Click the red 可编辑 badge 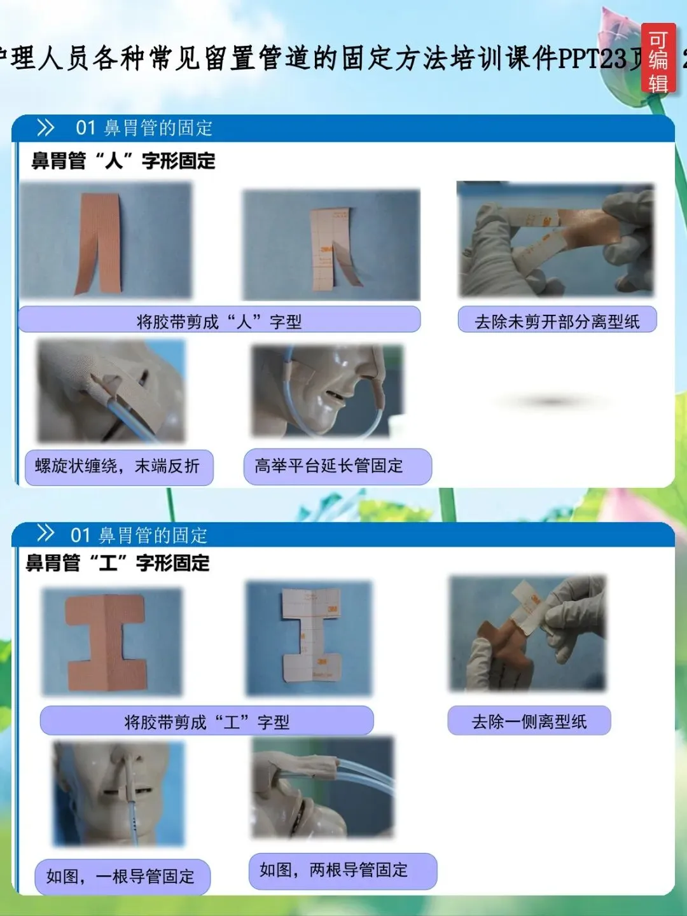pyautogui.click(x=658, y=59)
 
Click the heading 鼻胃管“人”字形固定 pyautogui.click(x=123, y=161)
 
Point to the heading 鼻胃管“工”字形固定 pyautogui.click(x=118, y=563)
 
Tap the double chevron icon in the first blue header pyautogui.click(x=45, y=128)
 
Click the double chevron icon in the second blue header pyautogui.click(x=45, y=533)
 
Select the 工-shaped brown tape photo pyautogui.click(x=112, y=642)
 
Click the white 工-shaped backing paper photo pyautogui.click(x=309, y=639)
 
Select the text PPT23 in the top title pyautogui.click(x=593, y=59)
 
